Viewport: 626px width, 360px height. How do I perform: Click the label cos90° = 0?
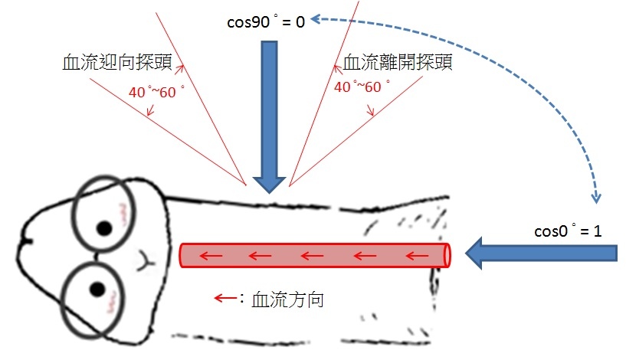[266, 21]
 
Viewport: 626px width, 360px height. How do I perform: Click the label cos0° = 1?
[568, 231]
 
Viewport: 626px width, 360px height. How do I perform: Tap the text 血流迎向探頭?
[117, 62]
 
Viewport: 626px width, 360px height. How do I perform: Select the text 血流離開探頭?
[398, 62]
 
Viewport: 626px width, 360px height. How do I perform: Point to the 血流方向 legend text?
[287, 299]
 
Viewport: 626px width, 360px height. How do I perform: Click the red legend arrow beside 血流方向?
[226, 298]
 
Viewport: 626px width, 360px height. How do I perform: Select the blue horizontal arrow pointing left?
[542, 253]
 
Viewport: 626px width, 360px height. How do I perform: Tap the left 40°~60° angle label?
[156, 92]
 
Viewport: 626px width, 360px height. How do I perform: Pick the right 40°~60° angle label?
[362, 87]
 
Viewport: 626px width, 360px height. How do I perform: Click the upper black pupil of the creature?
[105, 228]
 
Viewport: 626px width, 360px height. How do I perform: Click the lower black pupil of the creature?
[97, 289]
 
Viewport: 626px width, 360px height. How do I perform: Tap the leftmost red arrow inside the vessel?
[211, 255]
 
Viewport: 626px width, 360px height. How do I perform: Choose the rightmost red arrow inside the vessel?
[417, 255]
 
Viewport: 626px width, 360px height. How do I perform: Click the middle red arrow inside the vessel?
[312, 255]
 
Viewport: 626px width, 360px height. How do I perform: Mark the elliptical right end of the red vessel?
[447, 255]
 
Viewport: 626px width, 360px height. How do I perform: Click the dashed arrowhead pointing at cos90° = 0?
[316, 18]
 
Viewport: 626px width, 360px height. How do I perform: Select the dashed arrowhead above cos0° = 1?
[595, 198]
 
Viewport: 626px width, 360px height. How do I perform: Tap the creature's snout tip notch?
[27, 241]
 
